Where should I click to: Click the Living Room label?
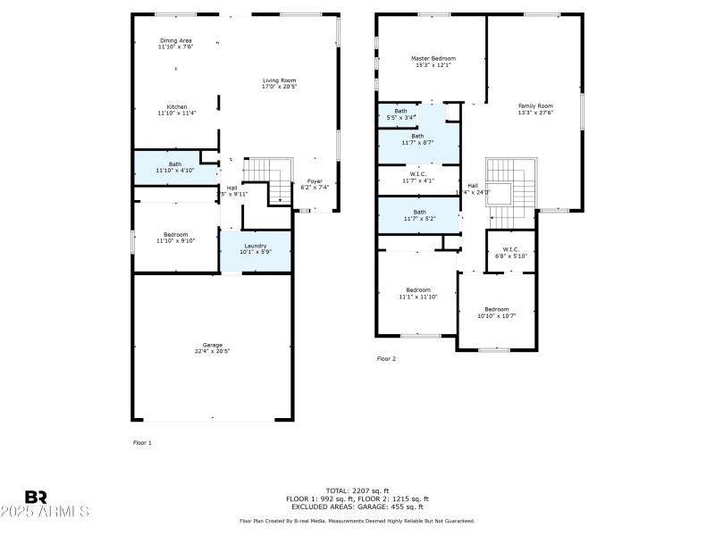pos(279,83)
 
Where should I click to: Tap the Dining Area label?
pos(176,44)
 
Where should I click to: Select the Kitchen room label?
pos(176,110)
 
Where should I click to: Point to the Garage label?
pos(212,348)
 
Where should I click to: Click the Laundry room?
pos(255,249)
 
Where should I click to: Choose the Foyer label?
pos(315,184)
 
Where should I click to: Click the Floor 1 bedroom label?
pos(175,237)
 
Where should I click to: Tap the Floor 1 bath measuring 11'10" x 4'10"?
pos(175,167)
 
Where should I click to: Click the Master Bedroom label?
pos(427,61)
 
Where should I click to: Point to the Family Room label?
pos(535,109)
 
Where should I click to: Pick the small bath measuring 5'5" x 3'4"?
pos(400,113)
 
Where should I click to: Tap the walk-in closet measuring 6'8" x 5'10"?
pos(510,252)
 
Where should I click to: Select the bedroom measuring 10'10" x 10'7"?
pos(496,312)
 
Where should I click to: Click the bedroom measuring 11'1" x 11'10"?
pos(418,293)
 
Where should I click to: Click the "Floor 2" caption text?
pos(386,359)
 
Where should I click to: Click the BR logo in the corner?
pos(36,496)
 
